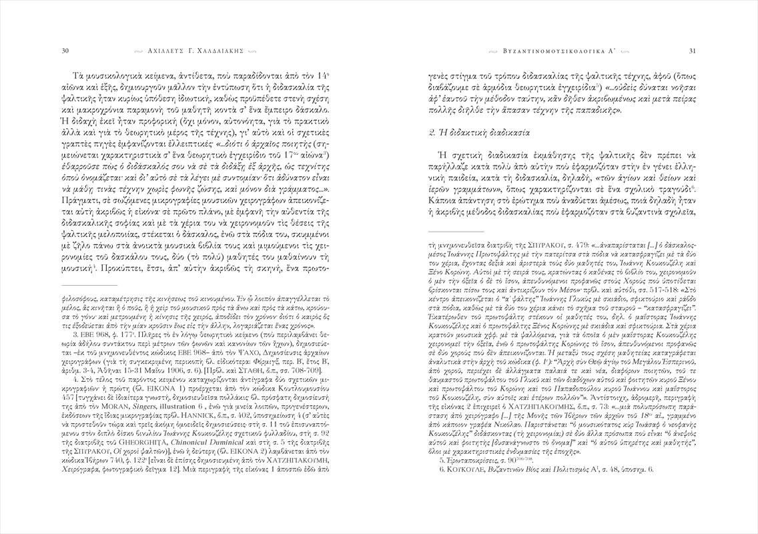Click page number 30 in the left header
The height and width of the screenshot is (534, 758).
tap(65, 49)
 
